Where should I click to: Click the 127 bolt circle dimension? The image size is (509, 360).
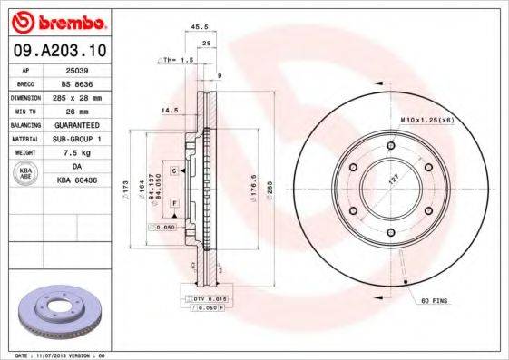click(x=394, y=180)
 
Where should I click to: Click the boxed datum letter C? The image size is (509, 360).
click(x=173, y=170)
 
